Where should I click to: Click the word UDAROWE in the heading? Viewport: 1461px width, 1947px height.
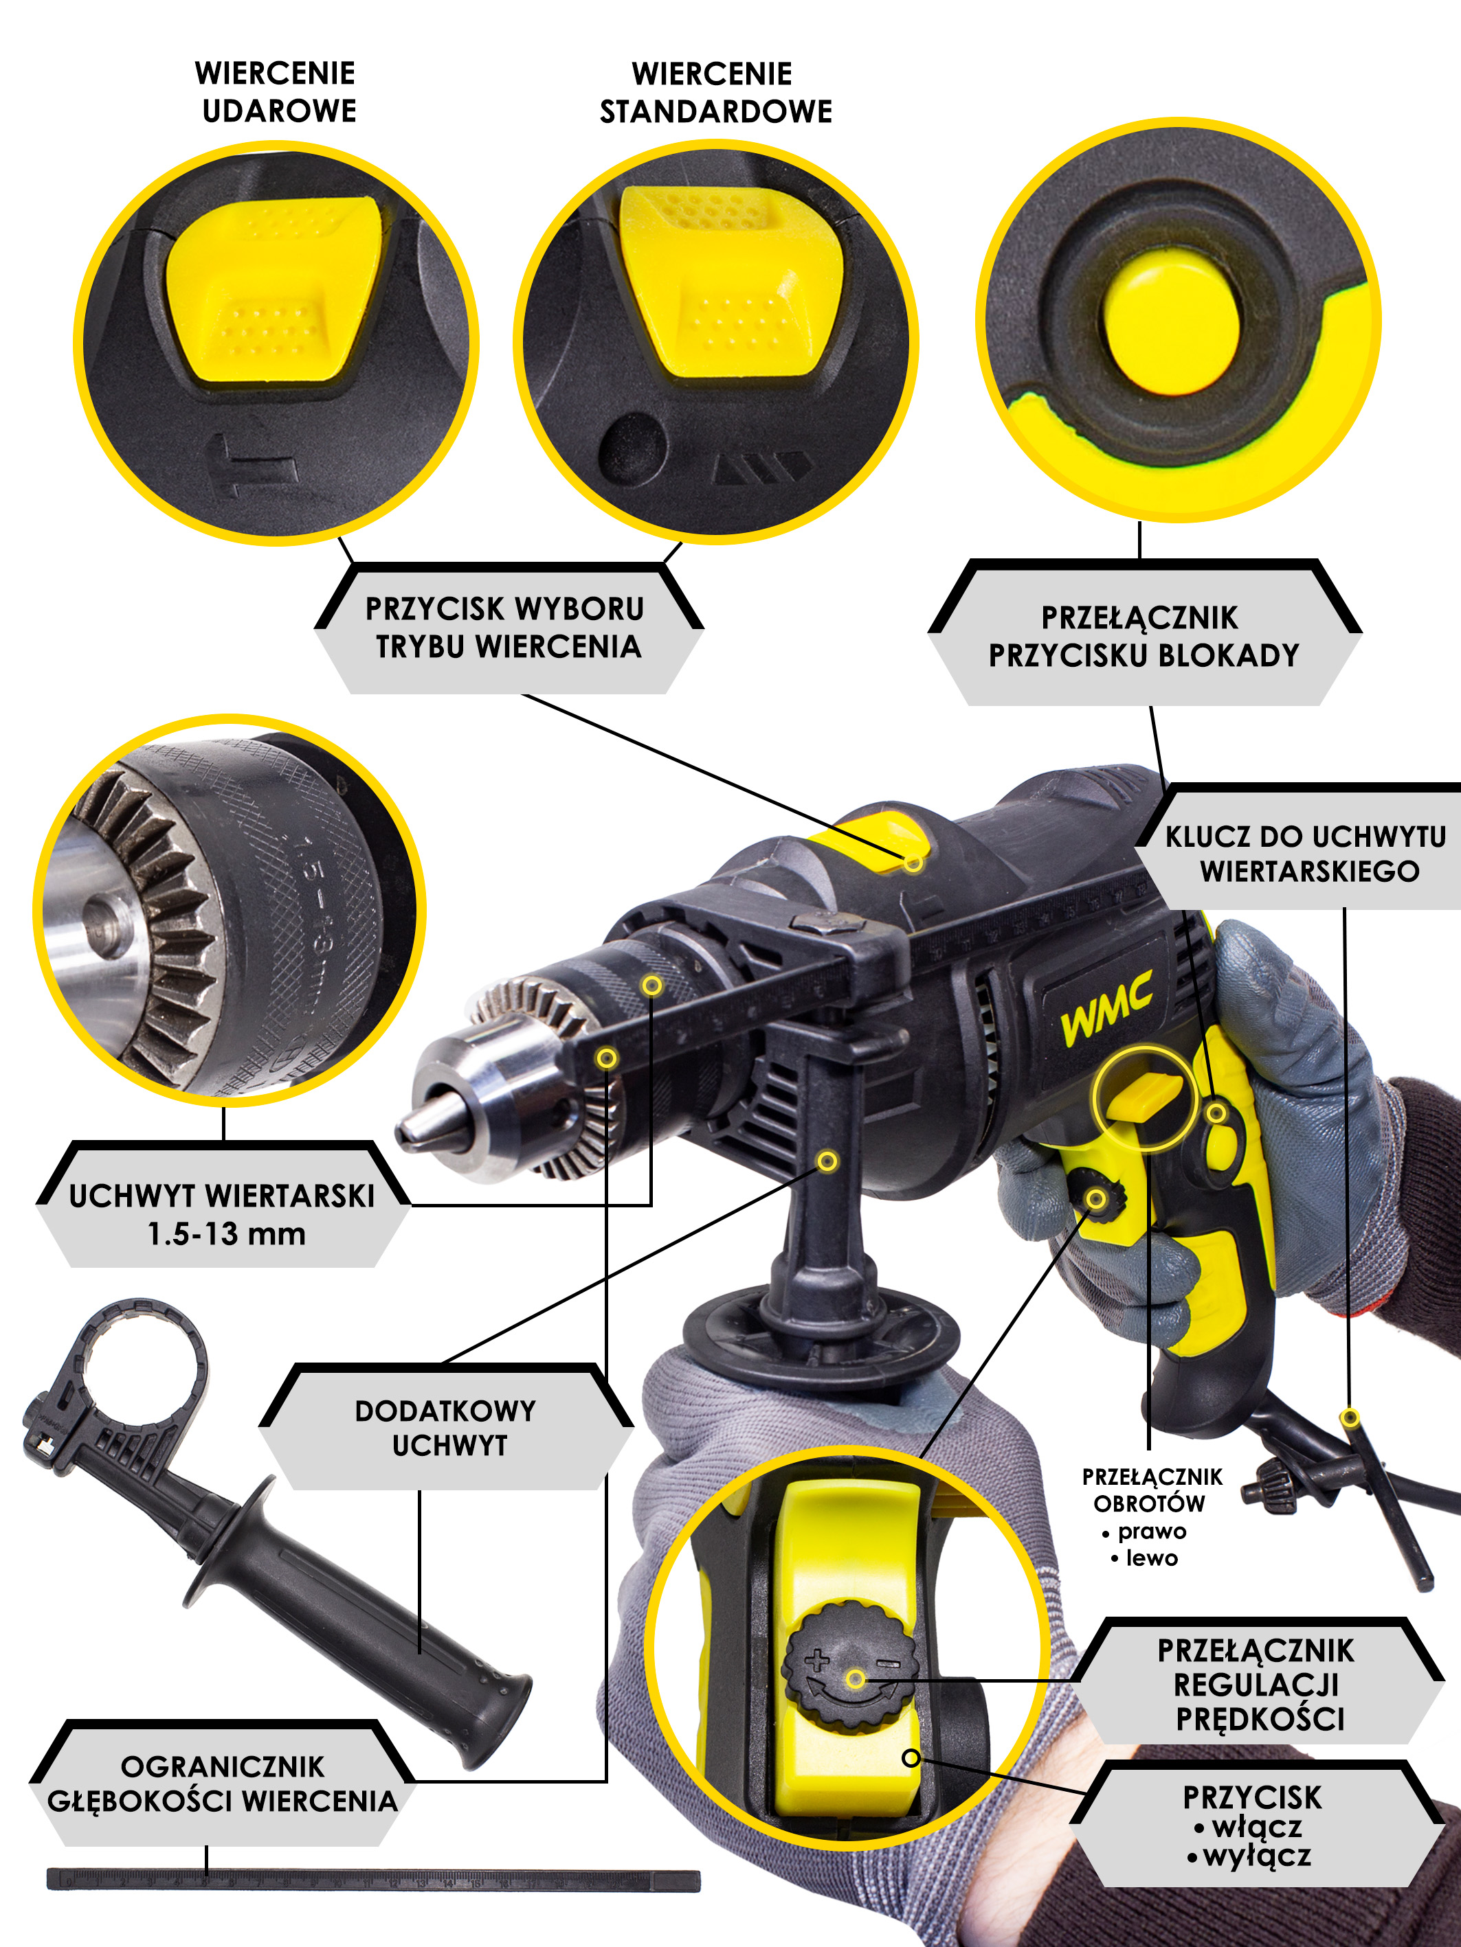279,111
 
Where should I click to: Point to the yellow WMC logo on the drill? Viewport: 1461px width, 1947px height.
1106,1010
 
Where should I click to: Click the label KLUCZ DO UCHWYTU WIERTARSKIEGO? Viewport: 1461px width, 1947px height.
1306,852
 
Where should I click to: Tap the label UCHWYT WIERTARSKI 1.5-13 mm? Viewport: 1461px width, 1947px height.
223,1215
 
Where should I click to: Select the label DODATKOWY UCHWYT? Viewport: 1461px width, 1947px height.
445,1427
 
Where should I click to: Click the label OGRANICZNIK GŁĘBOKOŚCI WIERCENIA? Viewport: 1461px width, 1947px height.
222,1784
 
